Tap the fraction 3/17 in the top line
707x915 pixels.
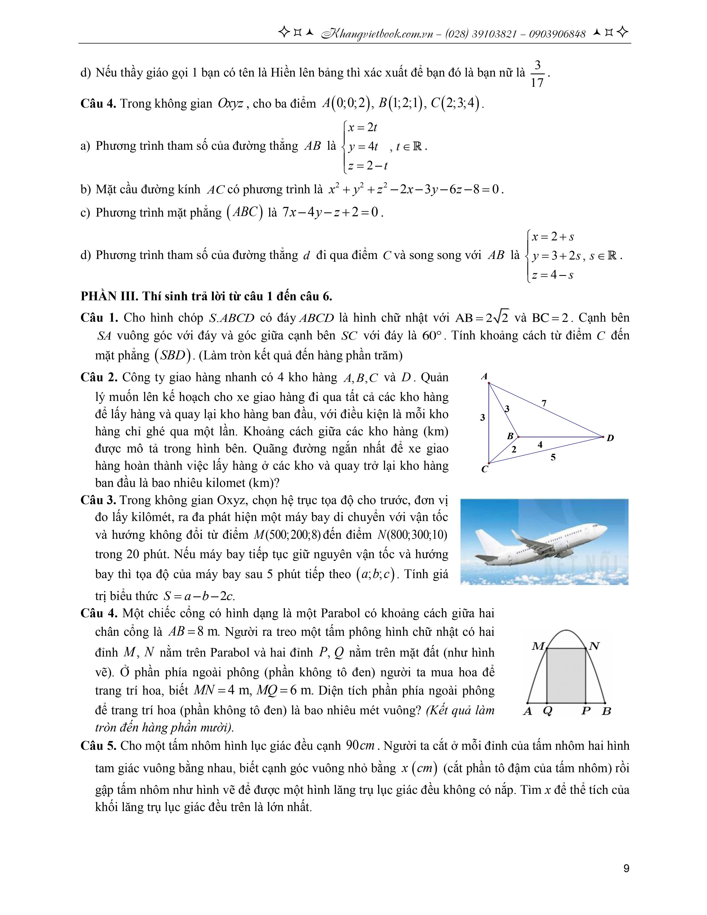[537, 74]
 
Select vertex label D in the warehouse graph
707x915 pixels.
[610, 438]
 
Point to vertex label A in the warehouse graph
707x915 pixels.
[485, 376]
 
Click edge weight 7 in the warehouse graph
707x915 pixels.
[544, 403]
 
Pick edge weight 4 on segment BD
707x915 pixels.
[540, 444]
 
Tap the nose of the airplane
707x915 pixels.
[606, 529]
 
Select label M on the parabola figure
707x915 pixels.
[538, 646]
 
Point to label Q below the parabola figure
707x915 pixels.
[547, 711]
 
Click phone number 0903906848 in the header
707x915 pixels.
[557, 34]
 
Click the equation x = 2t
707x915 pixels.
[363, 127]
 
